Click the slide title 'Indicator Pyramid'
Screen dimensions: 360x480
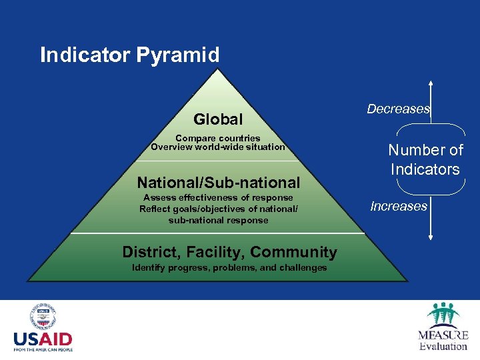(129, 55)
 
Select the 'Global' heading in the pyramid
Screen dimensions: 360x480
(218, 119)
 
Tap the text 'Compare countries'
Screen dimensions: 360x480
(218, 138)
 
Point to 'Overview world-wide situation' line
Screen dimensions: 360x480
(218, 147)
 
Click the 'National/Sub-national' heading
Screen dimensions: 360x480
(218, 182)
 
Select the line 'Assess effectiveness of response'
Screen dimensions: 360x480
(218, 197)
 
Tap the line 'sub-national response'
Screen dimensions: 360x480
(218, 220)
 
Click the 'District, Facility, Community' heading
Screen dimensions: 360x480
(229, 252)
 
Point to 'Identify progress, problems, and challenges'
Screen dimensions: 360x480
(229, 267)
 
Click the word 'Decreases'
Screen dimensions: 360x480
(398, 109)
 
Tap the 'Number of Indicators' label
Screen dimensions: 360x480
(425, 160)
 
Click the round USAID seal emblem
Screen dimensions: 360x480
(43, 317)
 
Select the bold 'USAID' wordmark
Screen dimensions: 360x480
(43, 339)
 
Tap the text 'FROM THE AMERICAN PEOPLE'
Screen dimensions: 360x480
(43, 349)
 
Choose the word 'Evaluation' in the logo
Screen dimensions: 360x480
(443, 346)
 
